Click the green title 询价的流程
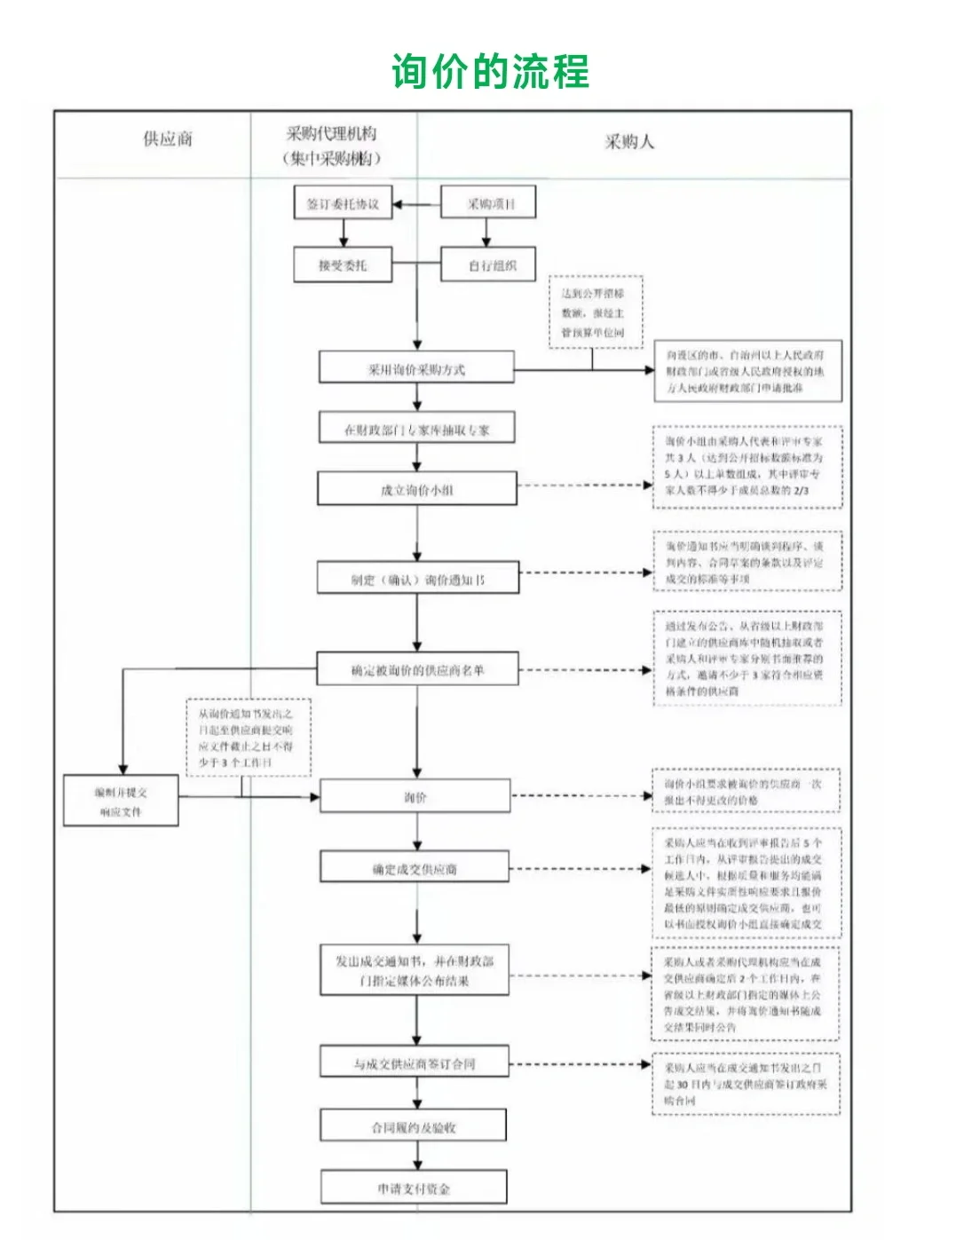pyautogui.click(x=490, y=72)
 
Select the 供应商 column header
pyautogui.click(x=168, y=138)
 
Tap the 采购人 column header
pyautogui.click(x=629, y=142)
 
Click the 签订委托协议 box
pyautogui.click(x=343, y=203)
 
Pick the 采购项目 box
pyautogui.click(x=488, y=203)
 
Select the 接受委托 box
pyautogui.click(x=343, y=265)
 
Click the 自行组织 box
pyautogui.click(x=488, y=265)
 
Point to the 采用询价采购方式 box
pyautogui.click(x=416, y=368)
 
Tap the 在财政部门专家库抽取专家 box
pyautogui.click(x=416, y=430)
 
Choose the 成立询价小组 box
pyautogui.click(x=416, y=489)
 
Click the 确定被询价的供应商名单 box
pyautogui.click(x=416, y=670)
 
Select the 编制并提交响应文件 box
pyautogui.click(x=121, y=801)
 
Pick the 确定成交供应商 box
pyautogui.click(x=415, y=869)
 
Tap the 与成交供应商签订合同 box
pyautogui.click(x=415, y=1062)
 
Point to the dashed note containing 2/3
pyautogui.click(x=747, y=466)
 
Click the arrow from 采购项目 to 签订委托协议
pyautogui.click(x=416, y=204)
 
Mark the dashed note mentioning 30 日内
pyautogui.click(x=746, y=1084)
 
